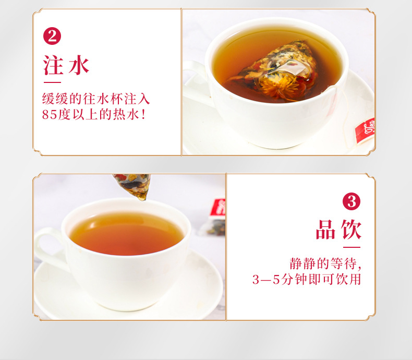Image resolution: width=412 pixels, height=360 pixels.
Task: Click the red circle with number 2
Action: (52, 36)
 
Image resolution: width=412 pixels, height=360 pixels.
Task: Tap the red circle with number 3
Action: (352, 201)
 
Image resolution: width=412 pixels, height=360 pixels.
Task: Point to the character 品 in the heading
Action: (326, 230)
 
